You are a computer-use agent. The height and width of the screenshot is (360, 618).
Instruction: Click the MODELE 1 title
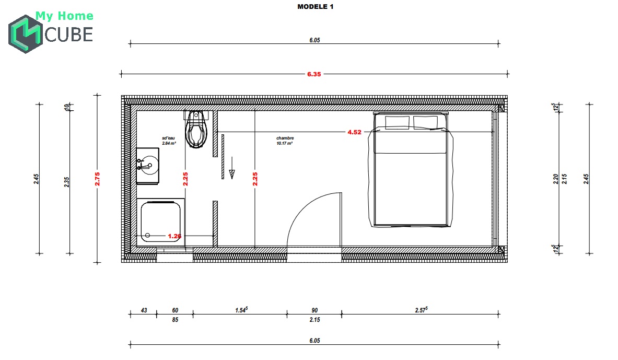(315, 7)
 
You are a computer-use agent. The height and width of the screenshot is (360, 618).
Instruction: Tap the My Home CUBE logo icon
(25, 34)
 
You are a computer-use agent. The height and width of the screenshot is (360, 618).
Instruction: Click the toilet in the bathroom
(196, 131)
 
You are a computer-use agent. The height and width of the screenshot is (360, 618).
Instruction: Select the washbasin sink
(147, 166)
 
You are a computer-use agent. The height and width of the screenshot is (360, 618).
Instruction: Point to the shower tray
(161, 223)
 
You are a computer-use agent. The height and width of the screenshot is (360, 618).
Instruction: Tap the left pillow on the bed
(397, 122)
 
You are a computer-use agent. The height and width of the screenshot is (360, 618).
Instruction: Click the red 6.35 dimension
(314, 74)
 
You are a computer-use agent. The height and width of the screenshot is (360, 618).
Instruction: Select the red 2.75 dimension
(97, 179)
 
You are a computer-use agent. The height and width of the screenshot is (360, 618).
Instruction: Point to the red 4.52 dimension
(354, 132)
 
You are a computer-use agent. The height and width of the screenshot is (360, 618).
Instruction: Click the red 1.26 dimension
(174, 236)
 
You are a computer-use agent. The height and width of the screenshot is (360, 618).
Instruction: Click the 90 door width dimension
(314, 310)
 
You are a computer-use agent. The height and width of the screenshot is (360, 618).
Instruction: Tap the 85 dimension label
(175, 320)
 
